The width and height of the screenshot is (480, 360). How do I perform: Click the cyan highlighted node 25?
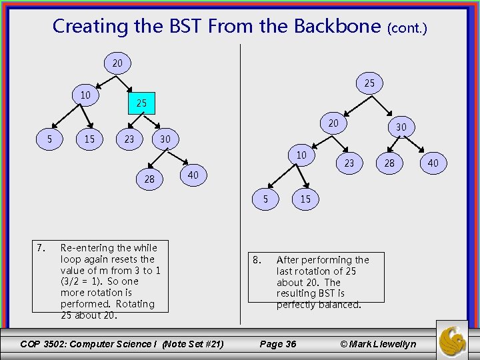[141, 103]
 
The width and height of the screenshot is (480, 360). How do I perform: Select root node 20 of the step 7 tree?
[117, 63]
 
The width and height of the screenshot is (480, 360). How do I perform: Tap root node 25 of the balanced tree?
[369, 83]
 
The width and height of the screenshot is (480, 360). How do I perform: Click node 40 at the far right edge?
[433, 163]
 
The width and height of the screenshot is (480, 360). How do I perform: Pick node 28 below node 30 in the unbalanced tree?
[149, 179]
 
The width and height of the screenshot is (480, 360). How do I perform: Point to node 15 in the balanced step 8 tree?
[305, 199]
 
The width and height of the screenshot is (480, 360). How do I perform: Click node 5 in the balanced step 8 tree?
[265, 198]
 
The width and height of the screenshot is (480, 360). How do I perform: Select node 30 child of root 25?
[401, 127]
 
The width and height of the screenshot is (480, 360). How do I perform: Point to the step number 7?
[41, 248]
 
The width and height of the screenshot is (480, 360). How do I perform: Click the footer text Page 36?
[277, 344]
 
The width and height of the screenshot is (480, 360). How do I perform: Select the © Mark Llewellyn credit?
[378, 344]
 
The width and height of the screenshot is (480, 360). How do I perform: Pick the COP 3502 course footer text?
[122, 344]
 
